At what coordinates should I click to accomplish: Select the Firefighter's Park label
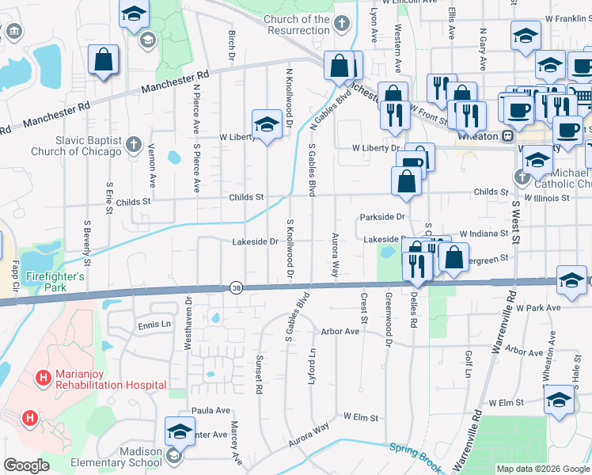(x=55, y=277)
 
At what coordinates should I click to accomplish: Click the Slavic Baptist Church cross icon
(x=134, y=146)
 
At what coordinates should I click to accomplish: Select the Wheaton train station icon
(x=506, y=135)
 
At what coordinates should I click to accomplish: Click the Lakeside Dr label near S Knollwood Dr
(x=255, y=241)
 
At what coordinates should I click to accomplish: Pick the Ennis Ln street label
(x=154, y=325)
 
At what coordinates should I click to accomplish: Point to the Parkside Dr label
(x=382, y=216)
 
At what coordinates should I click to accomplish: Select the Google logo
(x=26, y=465)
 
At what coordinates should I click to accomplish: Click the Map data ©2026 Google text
(x=542, y=469)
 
